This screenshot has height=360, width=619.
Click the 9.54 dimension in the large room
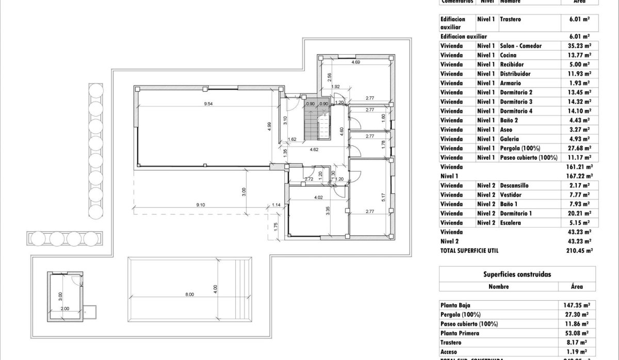pos(208,104)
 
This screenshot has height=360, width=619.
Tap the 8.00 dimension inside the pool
pos(189,294)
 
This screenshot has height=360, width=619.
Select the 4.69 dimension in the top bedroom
pos(355,62)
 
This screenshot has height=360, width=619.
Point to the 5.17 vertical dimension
pos(382,197)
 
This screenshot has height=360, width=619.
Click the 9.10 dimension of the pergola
pos(201,205)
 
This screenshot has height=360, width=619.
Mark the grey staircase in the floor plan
pos(317,122)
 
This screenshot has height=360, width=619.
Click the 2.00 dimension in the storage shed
pos(64,308)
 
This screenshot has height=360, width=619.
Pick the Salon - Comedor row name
pos(520,46)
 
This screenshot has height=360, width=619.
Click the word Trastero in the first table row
pos(510,19)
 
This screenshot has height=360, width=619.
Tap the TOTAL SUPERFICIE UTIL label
pos(469,251)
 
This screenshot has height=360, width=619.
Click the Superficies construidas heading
pos(517,274)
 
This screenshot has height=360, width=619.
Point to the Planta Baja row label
pos(455,305)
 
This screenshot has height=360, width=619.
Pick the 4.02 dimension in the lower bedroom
pos(318,197)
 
